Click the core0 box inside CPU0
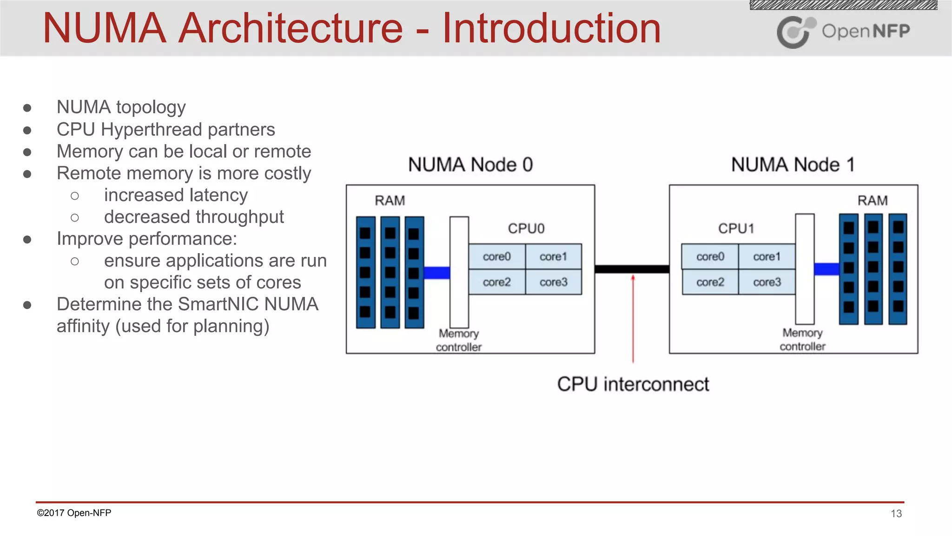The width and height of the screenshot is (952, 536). click(x=496, y=256)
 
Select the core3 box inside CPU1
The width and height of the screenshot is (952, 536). click(x=767, y=282)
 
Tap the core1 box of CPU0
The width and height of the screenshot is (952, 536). click(x=553, y=256)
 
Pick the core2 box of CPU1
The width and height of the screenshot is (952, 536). click(x=710, y=282)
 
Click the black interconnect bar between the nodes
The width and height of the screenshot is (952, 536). click(x=632, y=269)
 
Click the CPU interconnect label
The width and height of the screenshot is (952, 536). click(x=633, y=384)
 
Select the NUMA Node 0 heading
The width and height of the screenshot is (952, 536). click(x=470, y=165)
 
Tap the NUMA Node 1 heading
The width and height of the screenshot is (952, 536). click(x=793, y=165)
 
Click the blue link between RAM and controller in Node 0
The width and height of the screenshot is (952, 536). click(x=436, y=273)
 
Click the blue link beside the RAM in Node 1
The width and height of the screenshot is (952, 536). click(x=826, y=269)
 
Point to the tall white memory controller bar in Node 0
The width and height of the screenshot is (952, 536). click(x=459, y=272)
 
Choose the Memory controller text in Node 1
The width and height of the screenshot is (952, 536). click(x=802, y=340)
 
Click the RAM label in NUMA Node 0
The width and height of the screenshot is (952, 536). click(x=390, y=201)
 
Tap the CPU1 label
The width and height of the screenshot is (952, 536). click(x=736, y=228)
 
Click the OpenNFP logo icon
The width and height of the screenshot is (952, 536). click(x=795, y=32)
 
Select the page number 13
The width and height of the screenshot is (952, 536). click(x=896, y=514)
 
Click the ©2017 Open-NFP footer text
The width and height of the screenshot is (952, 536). click(x=74, y=513)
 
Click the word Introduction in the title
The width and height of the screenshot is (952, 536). click(x=551, y=29)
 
